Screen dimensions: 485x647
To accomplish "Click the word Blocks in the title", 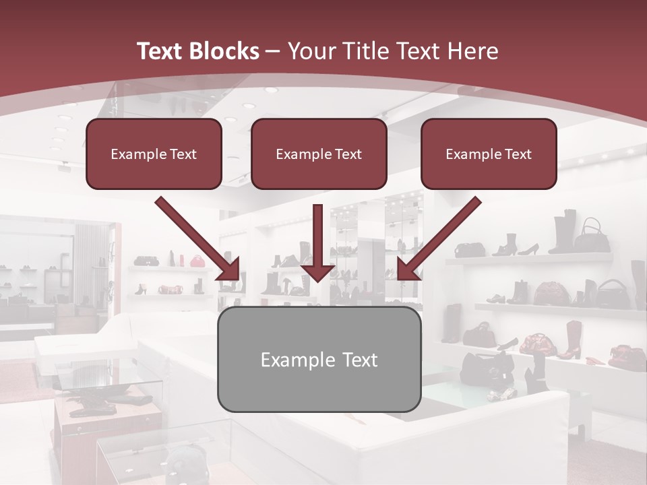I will (225, 51).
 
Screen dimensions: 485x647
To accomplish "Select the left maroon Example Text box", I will (154, 154).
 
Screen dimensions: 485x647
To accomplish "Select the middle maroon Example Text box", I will (319, 154).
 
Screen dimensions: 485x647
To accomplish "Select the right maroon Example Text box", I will (489, 154).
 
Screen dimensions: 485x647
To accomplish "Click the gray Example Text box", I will (319, 359).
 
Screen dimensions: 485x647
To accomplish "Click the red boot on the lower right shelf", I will (572, 340).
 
